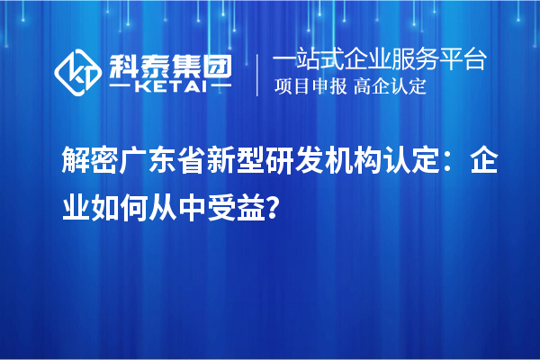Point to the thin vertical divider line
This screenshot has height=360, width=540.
[x=259, y=74]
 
